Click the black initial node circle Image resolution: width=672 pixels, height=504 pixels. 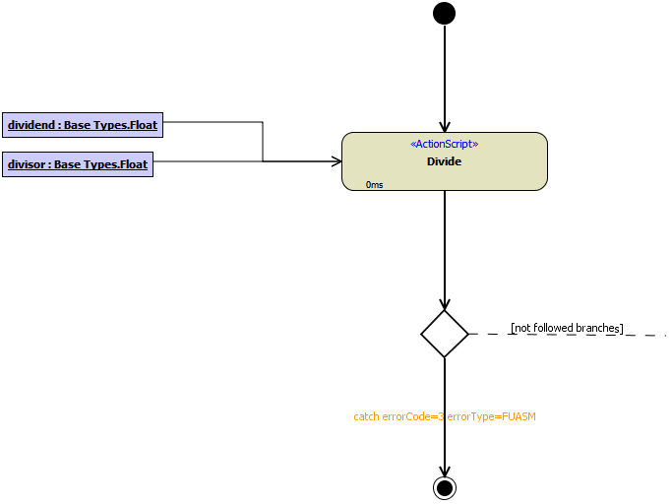coord(444,13)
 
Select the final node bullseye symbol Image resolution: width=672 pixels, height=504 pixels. coord(445,487)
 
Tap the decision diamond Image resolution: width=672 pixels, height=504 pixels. coord(445,334)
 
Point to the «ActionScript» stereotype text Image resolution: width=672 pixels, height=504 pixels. coord(444,144)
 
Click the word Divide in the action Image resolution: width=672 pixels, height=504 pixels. coord(444,161)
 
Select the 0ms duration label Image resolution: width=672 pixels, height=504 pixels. coord(374,184)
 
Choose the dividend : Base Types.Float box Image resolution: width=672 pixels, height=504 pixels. coord(82,125)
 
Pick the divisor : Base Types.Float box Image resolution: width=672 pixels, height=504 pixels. coord(78,164)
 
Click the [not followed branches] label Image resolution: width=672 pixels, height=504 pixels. coord(567,328)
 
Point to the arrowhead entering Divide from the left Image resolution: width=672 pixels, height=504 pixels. coord(335,160)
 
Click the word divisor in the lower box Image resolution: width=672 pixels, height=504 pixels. coord(28,164)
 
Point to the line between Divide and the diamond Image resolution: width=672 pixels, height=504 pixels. coord(445,246)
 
